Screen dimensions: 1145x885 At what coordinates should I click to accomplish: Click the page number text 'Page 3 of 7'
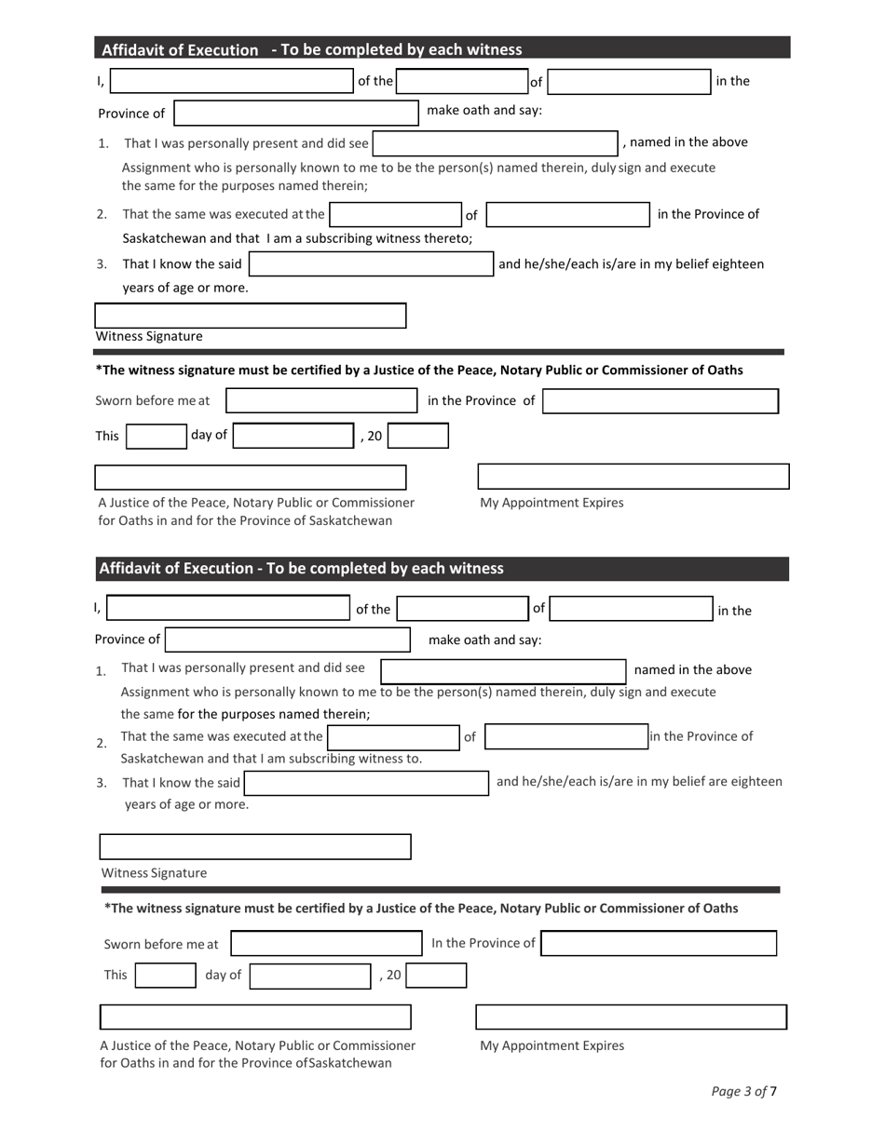tap(743, 1091)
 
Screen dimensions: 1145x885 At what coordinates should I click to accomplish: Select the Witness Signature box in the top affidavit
tap(251, 316)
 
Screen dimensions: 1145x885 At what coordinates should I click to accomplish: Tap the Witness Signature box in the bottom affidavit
tap(254, 846)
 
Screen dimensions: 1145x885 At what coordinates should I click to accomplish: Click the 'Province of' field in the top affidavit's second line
tap(296, 113)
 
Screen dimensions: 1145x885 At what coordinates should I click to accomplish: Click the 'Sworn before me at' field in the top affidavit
tap(321, 401)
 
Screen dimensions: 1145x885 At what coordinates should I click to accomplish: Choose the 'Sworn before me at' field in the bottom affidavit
tap(326, 943)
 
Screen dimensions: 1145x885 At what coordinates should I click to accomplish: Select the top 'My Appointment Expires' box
tap(633, 476)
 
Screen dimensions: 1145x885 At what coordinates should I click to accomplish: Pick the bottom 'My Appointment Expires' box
tap(631, 1017)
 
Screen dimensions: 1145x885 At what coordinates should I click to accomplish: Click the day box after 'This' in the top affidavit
tap(157, 436)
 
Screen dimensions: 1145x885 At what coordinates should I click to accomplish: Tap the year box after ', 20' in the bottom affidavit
tap(436, 976)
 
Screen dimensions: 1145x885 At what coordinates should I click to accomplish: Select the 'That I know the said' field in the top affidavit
tap(371, 264)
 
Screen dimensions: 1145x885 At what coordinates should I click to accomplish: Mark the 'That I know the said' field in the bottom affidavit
tap(366, 783)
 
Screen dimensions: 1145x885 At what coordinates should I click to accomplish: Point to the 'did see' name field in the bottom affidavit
tap(503, 671)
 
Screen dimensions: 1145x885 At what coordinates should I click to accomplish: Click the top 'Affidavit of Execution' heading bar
tap(442, 48)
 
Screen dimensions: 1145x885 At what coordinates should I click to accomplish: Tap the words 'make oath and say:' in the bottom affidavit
tap(484, 640)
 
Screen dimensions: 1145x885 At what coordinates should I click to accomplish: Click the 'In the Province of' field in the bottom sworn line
tap(659, 943)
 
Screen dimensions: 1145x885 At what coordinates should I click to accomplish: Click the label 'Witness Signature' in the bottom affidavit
tap(154, 873)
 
